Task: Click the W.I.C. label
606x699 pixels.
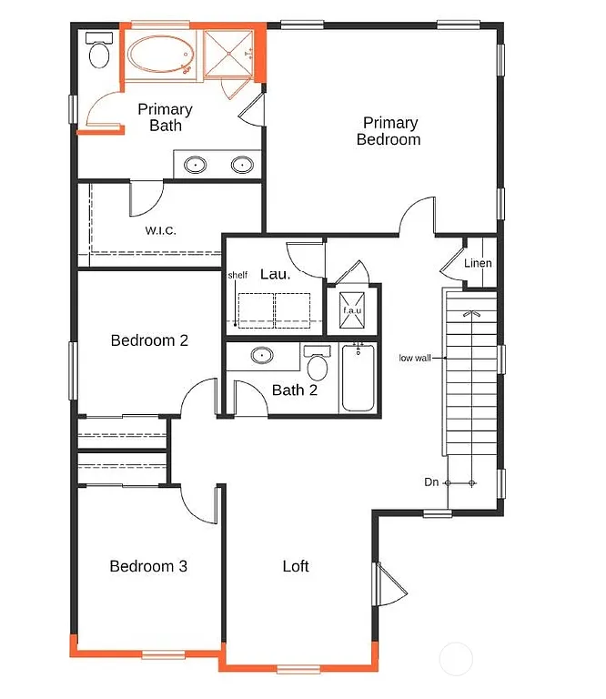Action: tap(160, 230)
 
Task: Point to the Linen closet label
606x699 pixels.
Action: tap(478, 264)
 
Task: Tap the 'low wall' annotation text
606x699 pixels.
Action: tap(414, 358)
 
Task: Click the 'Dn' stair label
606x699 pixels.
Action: tap(432, 481)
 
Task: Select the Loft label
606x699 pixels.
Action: tap(296, 566)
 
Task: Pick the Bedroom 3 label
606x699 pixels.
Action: tap(148, 566)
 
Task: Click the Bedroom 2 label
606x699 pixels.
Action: tap(149, 340)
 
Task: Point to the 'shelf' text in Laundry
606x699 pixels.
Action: tap(237, 276)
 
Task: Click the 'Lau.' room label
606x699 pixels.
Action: tap(275, 274)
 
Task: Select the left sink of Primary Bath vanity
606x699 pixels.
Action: tap(196, 165)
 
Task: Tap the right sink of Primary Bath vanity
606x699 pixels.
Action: tap(241, 165)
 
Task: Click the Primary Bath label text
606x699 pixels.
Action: tap(165, 117)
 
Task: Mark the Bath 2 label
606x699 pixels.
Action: tap(295, 390)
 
